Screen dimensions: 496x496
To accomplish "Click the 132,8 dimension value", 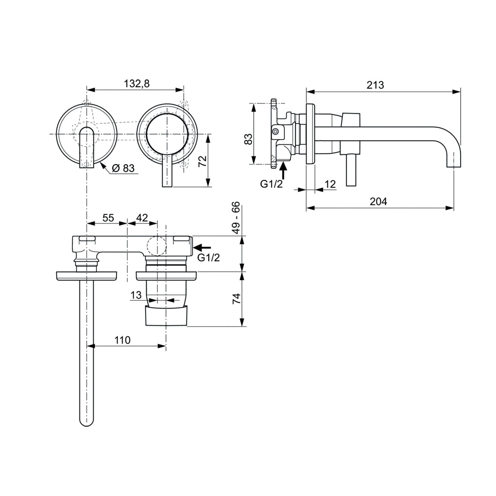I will (137, 83).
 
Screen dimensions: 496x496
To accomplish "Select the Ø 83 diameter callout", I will (123, 168).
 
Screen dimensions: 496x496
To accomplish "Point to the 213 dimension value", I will (375, 85).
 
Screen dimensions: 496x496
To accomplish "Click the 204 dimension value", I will (378, 201).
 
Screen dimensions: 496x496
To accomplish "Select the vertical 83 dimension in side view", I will (248, 139).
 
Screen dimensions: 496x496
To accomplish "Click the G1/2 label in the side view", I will (271, 184).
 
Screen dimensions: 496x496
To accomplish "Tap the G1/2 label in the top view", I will (209, 258).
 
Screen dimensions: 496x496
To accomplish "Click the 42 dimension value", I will (142, 218).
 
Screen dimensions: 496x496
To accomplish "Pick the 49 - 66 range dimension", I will (236, 218).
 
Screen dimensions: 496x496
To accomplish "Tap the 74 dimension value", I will (236, 299).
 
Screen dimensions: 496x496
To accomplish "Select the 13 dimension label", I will (136, 294).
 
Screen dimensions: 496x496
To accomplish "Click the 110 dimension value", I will (122, 340).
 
